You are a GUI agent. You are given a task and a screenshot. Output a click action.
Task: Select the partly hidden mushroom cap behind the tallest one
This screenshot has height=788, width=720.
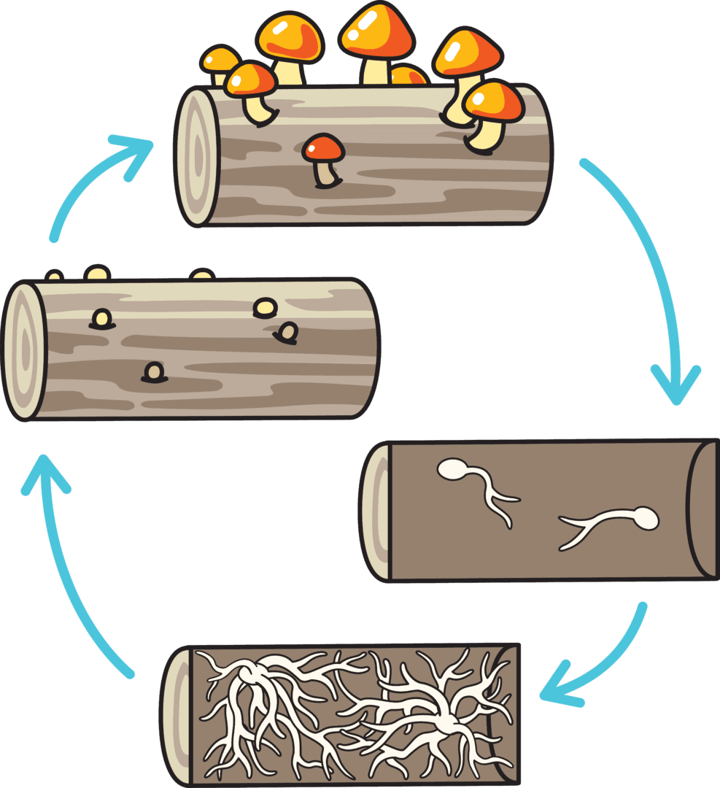pyautogui.click(x=409, y=75)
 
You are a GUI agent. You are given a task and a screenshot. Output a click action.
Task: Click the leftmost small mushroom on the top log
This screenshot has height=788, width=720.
pyautogui.click(x=218, y=59)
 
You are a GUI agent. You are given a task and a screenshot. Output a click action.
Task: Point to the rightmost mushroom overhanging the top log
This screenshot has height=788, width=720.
pyautogui.click(x=494, y=102)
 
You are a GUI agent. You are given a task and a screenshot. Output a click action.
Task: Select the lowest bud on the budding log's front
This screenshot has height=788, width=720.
pyautogui.click(x=154, y=372)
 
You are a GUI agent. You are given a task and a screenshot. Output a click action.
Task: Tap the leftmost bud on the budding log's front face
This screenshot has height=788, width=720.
pyautogui.click(x=102, y=319)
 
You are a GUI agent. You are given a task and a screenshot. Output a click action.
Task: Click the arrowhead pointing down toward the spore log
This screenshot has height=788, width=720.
pyautogui.click(x=675, y=387)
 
